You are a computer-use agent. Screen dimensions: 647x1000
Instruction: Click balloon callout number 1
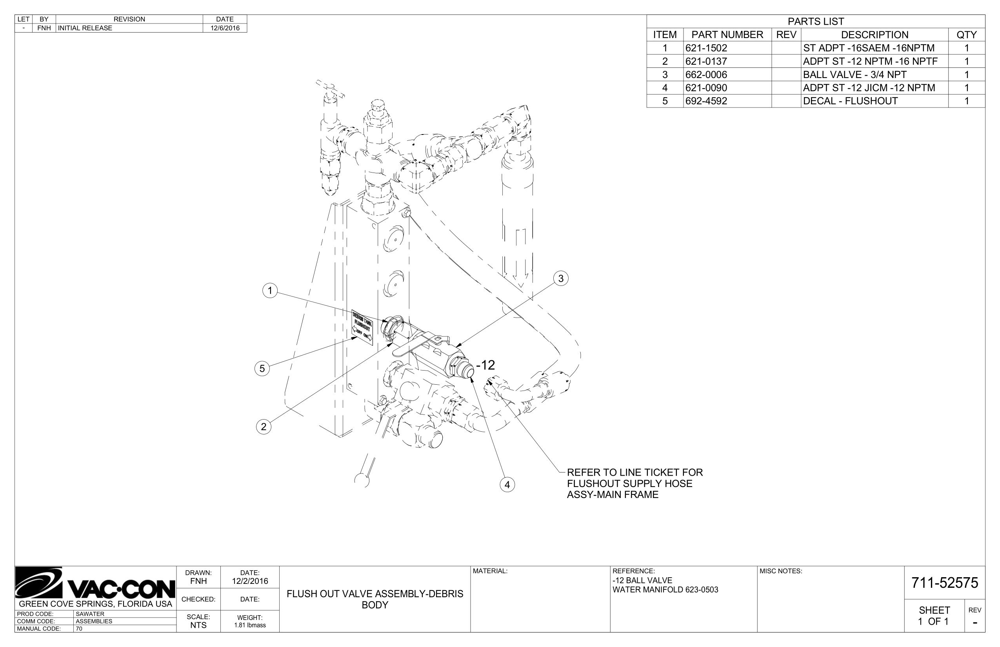point(270,290)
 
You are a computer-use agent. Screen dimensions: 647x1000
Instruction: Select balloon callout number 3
point(560,278)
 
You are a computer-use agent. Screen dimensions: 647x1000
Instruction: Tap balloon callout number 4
point(507,485)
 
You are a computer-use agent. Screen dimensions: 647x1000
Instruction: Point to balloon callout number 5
point(262,369)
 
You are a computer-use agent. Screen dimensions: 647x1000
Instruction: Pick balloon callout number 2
point(264,427)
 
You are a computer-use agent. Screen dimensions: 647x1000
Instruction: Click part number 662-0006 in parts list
point(706,75)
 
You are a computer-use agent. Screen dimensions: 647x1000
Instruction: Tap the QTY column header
point(966,35)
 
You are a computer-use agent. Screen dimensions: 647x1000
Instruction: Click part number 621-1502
point(706,48)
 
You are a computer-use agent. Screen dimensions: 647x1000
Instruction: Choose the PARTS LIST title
point(816,22)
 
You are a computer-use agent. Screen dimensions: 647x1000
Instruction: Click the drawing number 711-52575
point(944,583)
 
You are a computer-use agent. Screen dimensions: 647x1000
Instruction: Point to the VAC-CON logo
point(95,583)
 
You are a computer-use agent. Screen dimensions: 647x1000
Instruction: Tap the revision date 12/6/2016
point(225,28)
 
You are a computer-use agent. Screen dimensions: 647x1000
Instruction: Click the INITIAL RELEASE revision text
point(85,28)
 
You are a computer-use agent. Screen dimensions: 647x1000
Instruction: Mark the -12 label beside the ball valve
point(486,365)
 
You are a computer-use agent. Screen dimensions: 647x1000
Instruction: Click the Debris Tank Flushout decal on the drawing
point(362,328)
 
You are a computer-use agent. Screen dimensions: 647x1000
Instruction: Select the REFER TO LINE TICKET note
point(635,483)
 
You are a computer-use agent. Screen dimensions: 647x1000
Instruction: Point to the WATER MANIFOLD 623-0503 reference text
point(665,590)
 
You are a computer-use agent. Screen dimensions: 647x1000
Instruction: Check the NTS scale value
point(198,625)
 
